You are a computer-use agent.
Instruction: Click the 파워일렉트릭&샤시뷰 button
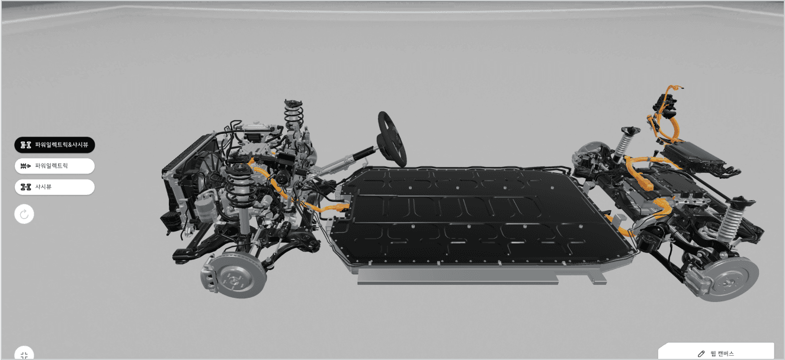pyautogui.click(x=55, y=144)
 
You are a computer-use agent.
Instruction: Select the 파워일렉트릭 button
pyautogui.click(x=55, y=166)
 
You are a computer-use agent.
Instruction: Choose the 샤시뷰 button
pyautogui.click(x=55, y=187)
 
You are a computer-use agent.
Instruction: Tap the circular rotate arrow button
pyautogui.click(x=24, y=214)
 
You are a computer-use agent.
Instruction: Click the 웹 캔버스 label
pyautogui.click(x=722, y=353)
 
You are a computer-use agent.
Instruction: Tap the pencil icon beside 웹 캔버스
pyautogui.click(x=701, y=353)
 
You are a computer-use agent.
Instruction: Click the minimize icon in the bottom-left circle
pyautogui.click(x=24, y=355)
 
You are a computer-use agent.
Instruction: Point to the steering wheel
pyautogui.click(x=392, y=139)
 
